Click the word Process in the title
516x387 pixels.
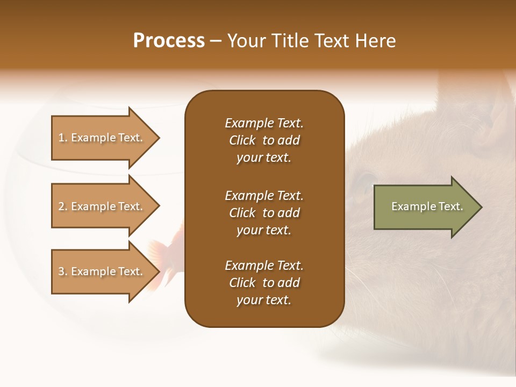(169, 41)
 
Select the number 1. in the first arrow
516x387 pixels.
(63, 138)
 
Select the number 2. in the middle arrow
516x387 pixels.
(63, 206)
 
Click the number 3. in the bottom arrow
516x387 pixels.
(63, 271)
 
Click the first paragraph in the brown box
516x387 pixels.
(264, 140)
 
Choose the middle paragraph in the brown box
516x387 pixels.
(264, 213)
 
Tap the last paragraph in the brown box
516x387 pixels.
(264, 283)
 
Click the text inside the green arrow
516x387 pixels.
(427, 206)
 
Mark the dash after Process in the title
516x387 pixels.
(216, 41)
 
